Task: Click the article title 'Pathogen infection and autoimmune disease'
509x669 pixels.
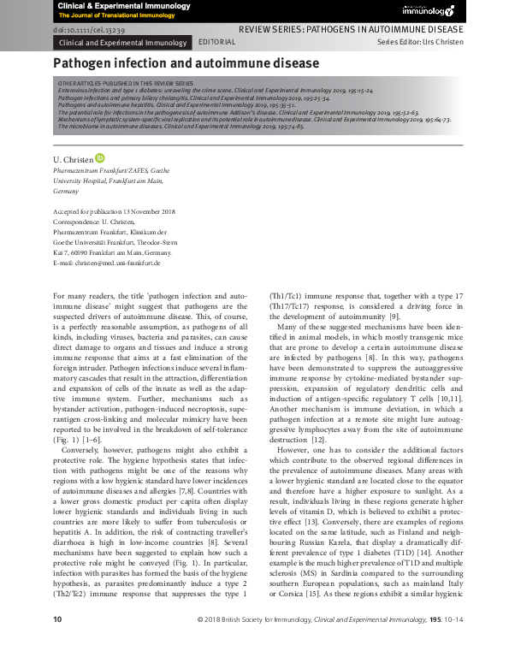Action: (186, 63)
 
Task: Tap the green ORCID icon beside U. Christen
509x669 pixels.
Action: (100, 158)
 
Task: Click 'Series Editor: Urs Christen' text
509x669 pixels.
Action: (420, 41)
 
